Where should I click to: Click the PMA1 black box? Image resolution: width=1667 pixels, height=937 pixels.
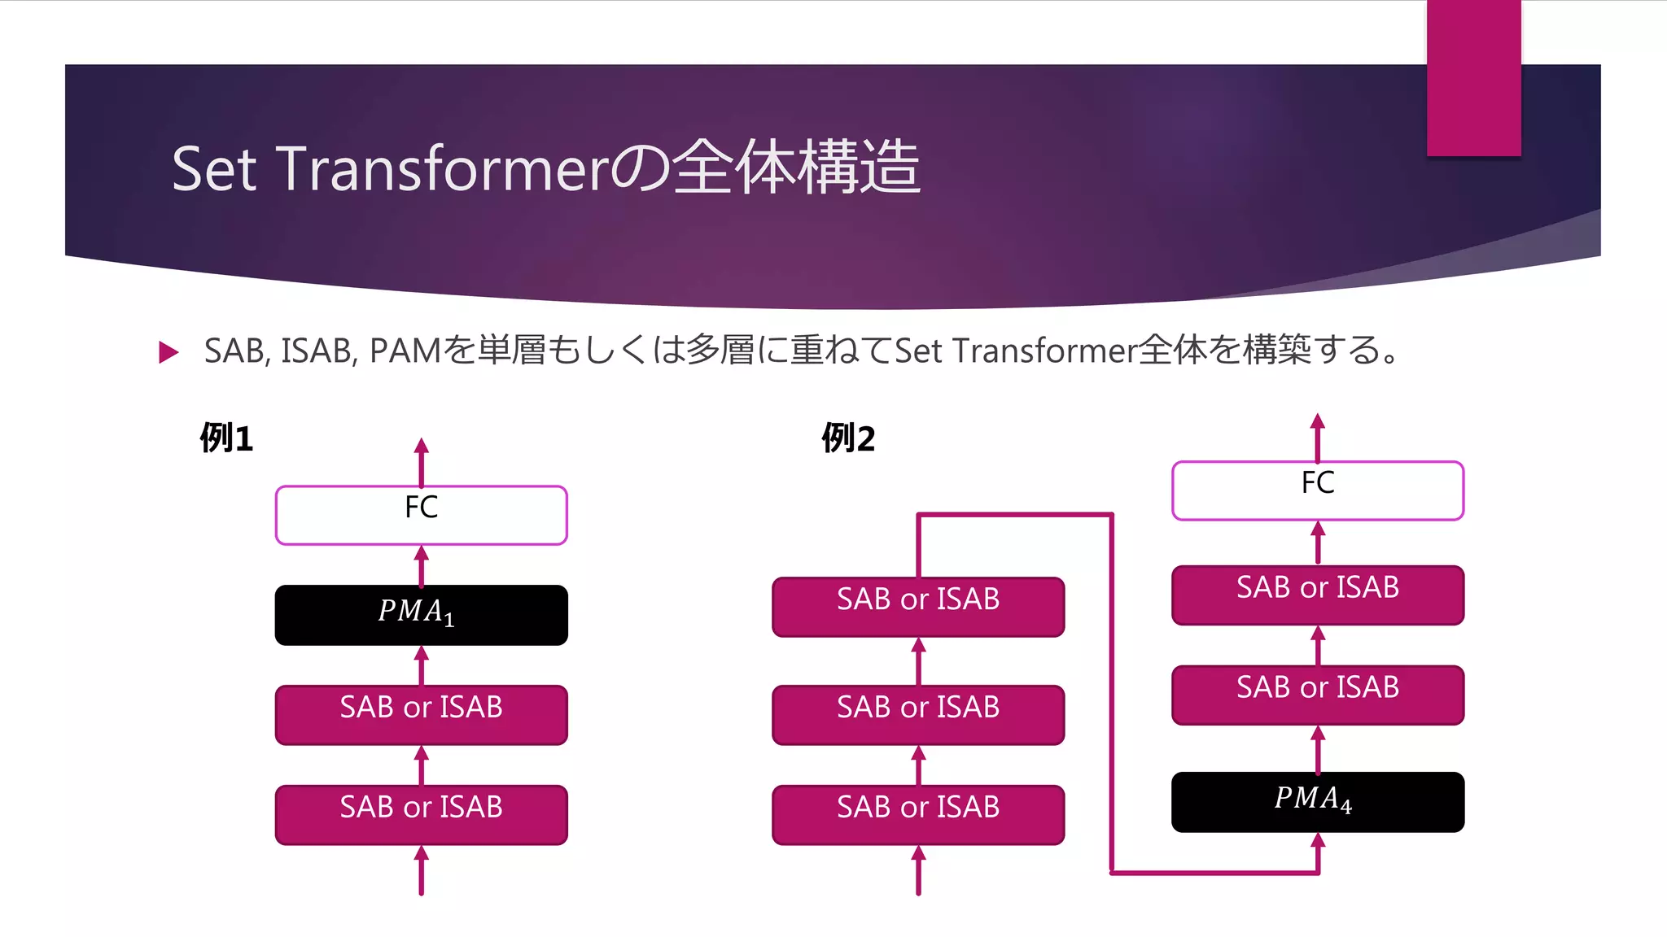[x=421, y=615]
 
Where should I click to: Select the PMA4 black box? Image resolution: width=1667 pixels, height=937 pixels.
[x=1317, y=802]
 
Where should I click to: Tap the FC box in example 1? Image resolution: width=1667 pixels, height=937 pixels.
[x=421, y=515]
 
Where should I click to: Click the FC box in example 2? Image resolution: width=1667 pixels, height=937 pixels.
[x=1317, y=490]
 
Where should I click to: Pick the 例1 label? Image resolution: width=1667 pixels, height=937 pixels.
[x=226, y=438]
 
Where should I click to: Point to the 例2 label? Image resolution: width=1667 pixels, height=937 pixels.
[x=847, y=438]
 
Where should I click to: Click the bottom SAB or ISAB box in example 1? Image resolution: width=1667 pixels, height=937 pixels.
[x=421, y=814]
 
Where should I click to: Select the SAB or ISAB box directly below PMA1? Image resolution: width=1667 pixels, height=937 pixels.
[x=421, y=714]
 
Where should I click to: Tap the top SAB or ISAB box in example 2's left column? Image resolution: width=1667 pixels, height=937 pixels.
[x=917, y=607]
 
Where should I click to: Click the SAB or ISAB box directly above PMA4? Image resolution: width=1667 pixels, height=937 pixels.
[x=1317, y=695]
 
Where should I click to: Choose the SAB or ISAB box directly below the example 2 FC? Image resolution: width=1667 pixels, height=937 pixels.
[x=1317, y=595]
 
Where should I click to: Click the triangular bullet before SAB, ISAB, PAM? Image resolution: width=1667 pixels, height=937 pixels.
[x=168, y=352]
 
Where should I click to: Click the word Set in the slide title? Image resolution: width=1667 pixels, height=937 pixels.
[x=215, y=169]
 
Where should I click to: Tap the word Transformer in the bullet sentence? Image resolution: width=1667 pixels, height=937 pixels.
[x=1044, y=351]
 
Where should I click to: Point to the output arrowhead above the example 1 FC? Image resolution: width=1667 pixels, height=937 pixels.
[x=421, y=447]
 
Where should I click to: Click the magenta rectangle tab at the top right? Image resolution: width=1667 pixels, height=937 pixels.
[x=1473, y=77]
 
